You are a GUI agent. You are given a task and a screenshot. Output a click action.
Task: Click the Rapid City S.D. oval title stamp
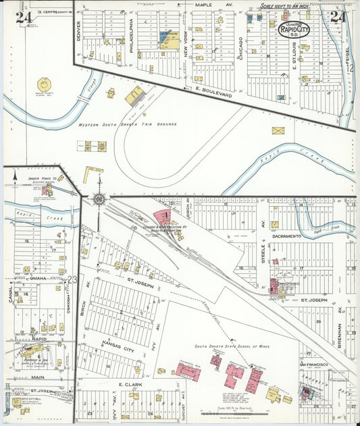point(294,29)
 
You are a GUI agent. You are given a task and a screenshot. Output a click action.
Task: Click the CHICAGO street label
point(240,49)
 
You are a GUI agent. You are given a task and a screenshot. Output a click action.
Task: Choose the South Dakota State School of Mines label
point(232,346)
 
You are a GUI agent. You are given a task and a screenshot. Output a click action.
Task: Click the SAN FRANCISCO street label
point(313,365)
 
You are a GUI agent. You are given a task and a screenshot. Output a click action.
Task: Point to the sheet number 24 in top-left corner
point(24,17)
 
